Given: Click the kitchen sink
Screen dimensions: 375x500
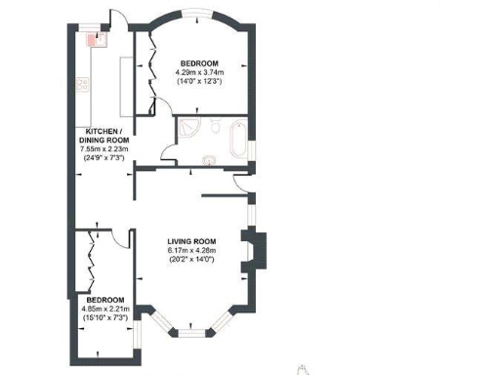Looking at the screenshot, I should (x=96, y=40).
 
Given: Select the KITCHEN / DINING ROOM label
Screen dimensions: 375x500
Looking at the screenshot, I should (x=104, y=136).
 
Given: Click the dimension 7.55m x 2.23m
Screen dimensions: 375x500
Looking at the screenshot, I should (x=104, y=149).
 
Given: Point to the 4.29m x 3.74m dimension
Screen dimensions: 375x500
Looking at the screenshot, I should (x=199, y=72).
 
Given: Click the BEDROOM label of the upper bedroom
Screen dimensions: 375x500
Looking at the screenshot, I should (x=199, y=63).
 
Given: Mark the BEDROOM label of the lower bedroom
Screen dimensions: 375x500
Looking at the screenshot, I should (x=104, y=299).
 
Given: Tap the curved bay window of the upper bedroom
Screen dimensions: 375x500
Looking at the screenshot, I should (x=199, y=14).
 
